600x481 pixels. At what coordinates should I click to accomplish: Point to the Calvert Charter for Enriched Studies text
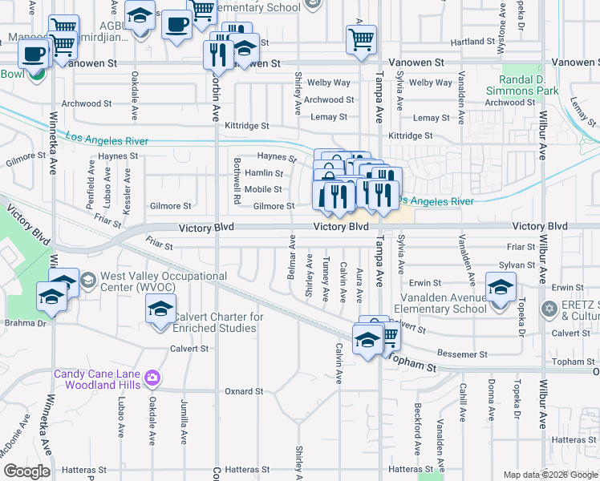pos(218,322)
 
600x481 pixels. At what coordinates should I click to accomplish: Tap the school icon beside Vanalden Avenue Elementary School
pos(501,287)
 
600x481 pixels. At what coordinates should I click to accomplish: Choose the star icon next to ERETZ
pos(549,308)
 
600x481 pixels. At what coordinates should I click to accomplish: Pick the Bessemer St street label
pos(462,354)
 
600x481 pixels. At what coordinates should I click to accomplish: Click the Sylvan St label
pos(516,265)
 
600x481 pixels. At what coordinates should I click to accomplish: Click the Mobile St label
pos(263,189)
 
